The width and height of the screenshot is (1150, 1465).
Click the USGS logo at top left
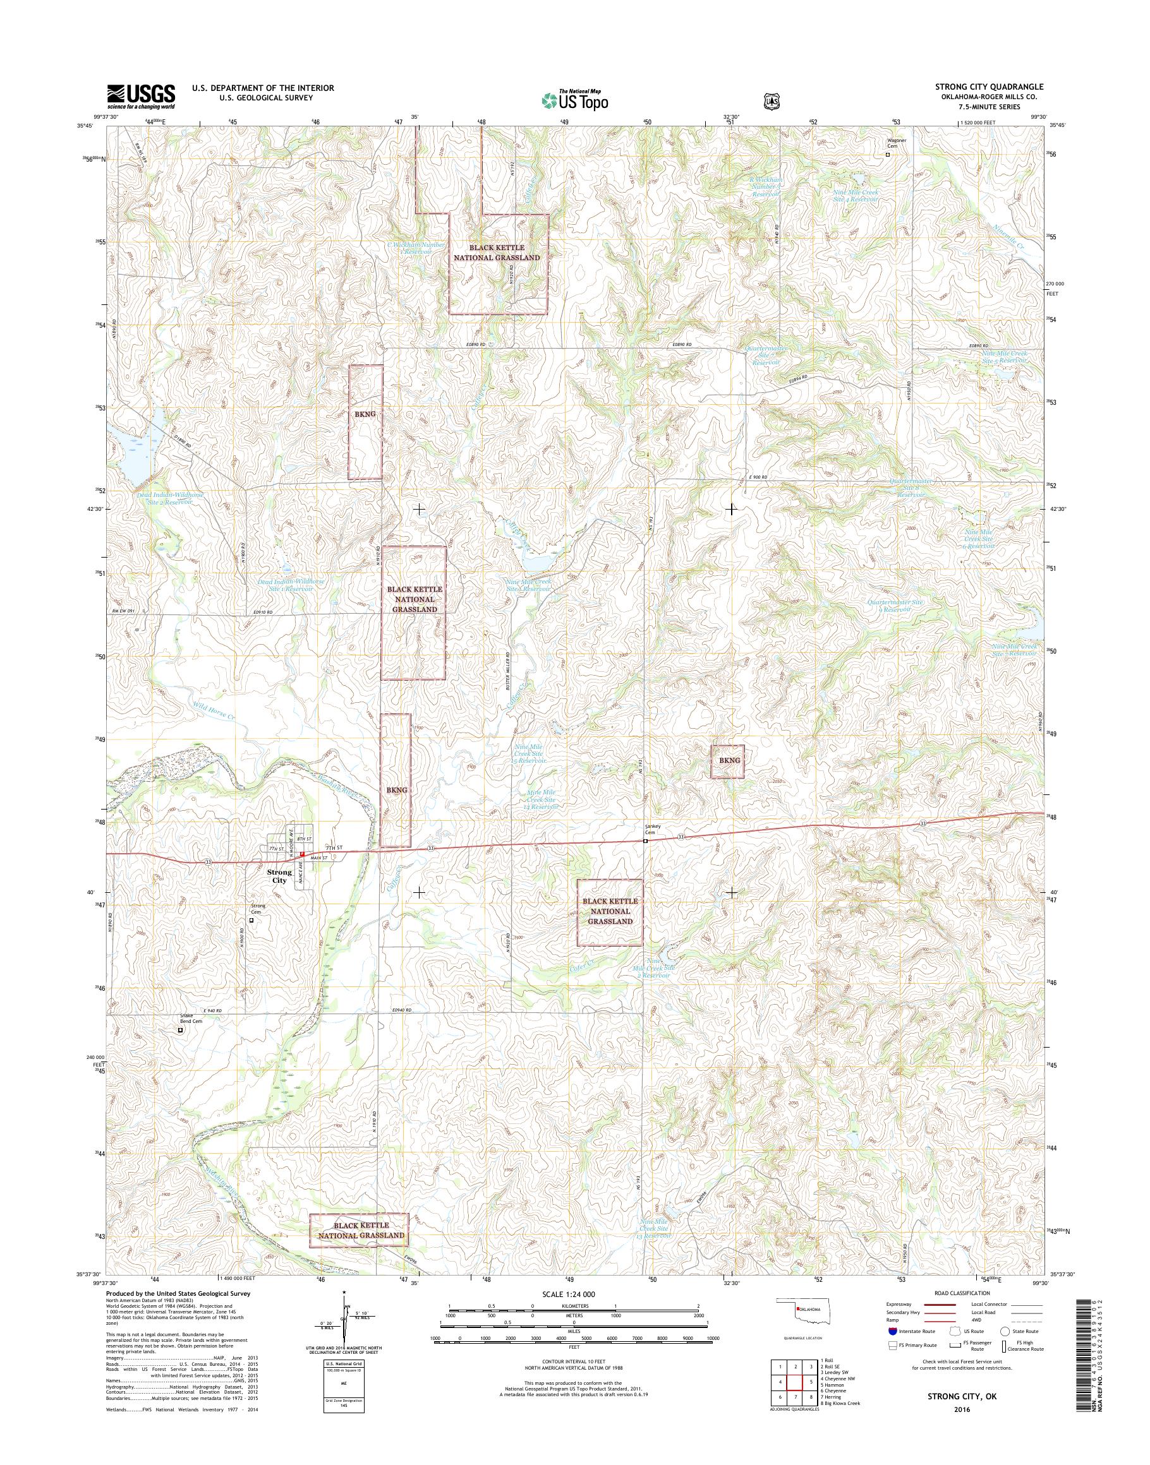coord(141,96)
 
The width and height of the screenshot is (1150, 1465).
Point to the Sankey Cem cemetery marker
coord(645,841)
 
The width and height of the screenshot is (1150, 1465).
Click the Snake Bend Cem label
coord(191,1037)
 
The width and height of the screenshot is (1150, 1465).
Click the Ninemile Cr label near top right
coord(1010,237)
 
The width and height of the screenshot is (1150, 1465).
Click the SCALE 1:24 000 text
coord(568,1294)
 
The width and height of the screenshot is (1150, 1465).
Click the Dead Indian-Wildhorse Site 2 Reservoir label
coord(170,499)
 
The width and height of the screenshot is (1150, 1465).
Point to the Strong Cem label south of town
coord(258,909)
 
